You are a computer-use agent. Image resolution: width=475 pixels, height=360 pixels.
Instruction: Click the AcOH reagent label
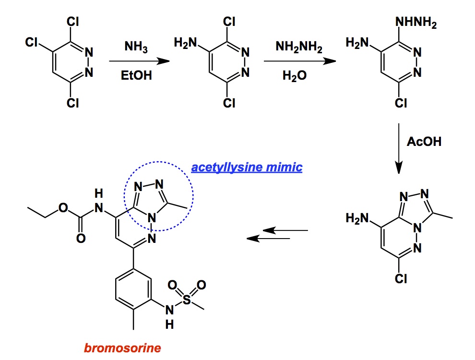[x=424, y=142]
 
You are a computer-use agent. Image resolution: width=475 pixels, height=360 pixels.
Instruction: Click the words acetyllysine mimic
[x=247, y=168]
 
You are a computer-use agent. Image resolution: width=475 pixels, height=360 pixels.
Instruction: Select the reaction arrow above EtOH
[x=139, y=61]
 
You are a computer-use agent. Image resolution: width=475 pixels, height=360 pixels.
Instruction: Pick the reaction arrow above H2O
[x=295, y=61]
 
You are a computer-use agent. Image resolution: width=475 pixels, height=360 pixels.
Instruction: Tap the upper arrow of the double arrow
[x=286, y=231]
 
